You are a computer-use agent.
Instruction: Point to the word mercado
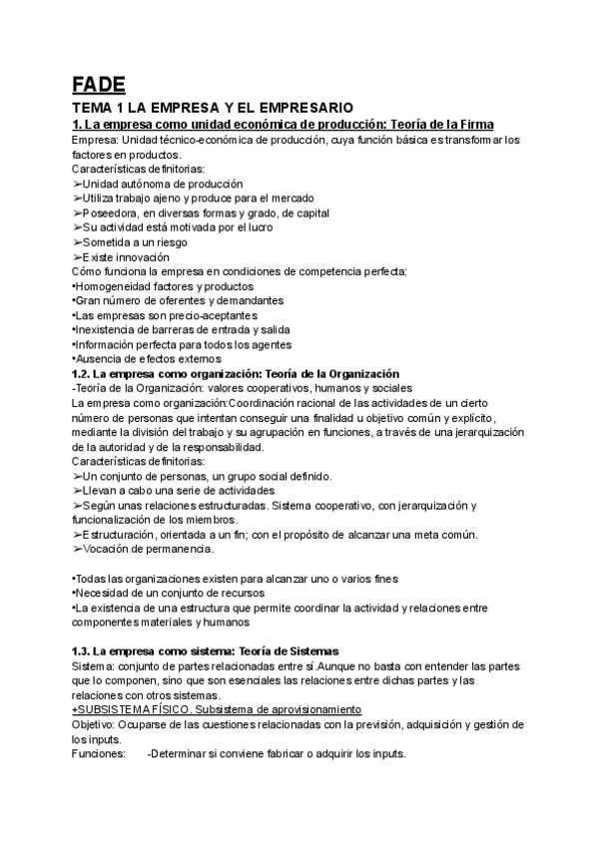click(256, 199)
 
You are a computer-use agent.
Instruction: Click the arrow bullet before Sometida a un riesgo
click(77, 242)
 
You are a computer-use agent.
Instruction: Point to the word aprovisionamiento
click(339, 710)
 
